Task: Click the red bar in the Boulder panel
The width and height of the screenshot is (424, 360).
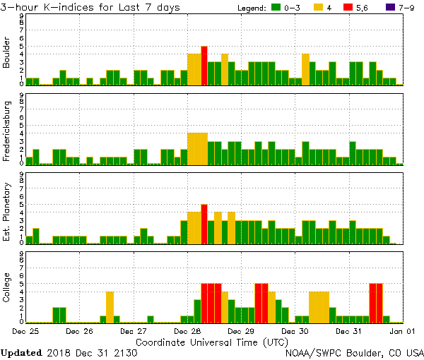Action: [x=204, y=66]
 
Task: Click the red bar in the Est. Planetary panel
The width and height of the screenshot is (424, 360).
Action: [x=204, y=224]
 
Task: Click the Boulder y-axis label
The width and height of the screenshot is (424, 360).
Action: [x=7, y=53]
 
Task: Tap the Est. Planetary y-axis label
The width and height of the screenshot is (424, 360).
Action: [x=7, y=211]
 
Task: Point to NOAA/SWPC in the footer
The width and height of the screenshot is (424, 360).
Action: [x=312, y=352]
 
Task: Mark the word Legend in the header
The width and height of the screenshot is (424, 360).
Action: [x=252, y=8]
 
